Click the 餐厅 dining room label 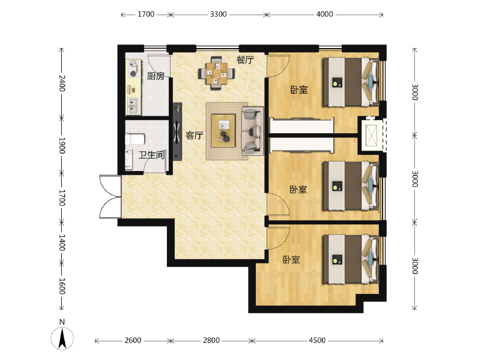[x=245, y=59]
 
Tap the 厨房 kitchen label [x=156, y=76]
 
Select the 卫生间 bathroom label [x=151, y=155]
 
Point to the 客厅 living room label [x=194, y=135]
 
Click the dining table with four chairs [x=216, y=73]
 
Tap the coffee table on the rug [x=223, y=131]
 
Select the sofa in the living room [x=252, y=131]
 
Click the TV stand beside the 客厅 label [x=177, y=131]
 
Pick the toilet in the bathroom [x=135, y=139]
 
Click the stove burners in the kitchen [x=134, y=69]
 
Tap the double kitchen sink [x=133, y=106]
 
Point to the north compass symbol [x=62, y=336]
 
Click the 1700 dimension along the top [x=146, y=14]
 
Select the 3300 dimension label [x=218, y=14]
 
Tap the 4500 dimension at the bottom [x=317, y=340]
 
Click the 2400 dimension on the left [x=62, y=83]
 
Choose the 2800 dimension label [x=211, y=340]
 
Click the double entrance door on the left [x=110, y=197]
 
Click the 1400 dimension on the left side [x=62, y=243]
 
